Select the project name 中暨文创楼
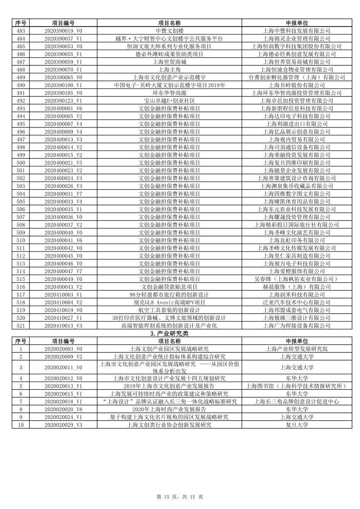tap(169, 31)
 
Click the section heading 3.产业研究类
tap(169, 334)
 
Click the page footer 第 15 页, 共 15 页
tap(180, 496)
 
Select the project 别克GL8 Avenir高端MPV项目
tap(169, 302)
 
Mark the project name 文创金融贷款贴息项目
tap(169, 287)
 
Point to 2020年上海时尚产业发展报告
tap(169, 409)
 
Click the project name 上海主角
tap(169, 70)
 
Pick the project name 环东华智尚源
tap(169, 93)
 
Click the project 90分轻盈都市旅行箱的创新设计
tap(169, 295)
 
